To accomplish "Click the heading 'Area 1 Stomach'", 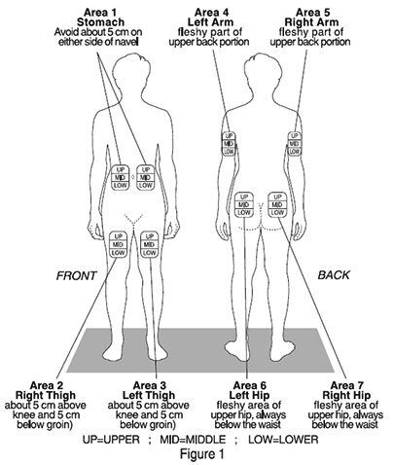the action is [100, 18].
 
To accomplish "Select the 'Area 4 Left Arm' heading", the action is [211, 18].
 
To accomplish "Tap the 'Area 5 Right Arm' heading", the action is [311, 18].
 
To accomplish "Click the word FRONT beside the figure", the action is [77, 275].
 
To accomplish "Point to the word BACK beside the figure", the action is [334, 275].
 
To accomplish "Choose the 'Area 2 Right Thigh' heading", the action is [46, 390].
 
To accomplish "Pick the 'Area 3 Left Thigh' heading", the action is [149, 390].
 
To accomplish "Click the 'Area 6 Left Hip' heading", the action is [249, 390].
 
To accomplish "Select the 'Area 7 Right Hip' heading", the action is [346, 390].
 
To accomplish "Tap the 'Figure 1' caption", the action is [201, 453].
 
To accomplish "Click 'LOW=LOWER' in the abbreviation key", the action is [283, 440].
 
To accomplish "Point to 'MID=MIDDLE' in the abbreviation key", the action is [193, 440].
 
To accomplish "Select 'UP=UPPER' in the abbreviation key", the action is [111, 440].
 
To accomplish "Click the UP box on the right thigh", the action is [119, 236].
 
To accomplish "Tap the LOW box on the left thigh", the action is [149, 253].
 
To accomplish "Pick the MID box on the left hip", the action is [244, 205].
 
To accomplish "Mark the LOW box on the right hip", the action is [277, 213].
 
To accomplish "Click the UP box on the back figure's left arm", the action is [229, 135].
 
